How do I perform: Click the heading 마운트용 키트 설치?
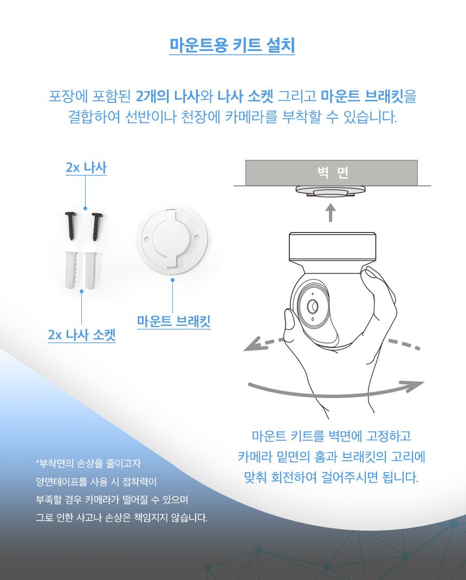(232, 46)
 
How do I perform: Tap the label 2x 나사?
(86, 167)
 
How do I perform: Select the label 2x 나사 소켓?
(82, 334)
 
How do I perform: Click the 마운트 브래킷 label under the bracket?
(174, 321)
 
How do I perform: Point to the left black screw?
(70, 225)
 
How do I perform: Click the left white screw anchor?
(70, 270)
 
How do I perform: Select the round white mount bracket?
(172, 240)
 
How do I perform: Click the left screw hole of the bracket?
(146, 240)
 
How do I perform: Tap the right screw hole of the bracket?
(197, 240)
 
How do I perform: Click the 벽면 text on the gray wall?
(333, 172)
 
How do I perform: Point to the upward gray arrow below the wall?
(331, 212)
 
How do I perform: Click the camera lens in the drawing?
(313, 306)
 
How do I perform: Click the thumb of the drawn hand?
(292, 326)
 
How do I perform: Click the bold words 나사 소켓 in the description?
(245, 96)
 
